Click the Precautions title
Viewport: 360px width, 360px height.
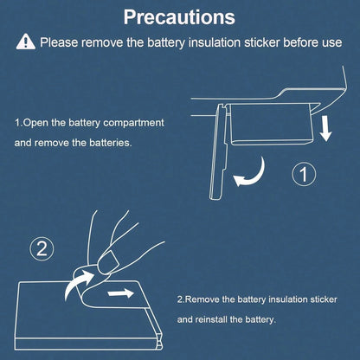click(179, 17)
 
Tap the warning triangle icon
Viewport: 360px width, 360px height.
click(26, 42)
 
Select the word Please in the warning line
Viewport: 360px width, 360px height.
click(59, 42)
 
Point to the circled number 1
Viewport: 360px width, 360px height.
click(304, 174)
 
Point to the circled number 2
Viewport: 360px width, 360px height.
click(42, 248)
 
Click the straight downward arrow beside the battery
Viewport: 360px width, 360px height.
click(326, 128)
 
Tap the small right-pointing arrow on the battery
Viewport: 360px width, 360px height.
click(120, 293)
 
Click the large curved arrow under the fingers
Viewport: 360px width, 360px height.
click(75, 282)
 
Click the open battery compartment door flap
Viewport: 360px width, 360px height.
click(219, 152)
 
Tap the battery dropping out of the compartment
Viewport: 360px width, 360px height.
click(271, 124)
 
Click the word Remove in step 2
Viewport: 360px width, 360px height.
click(202, 299)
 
